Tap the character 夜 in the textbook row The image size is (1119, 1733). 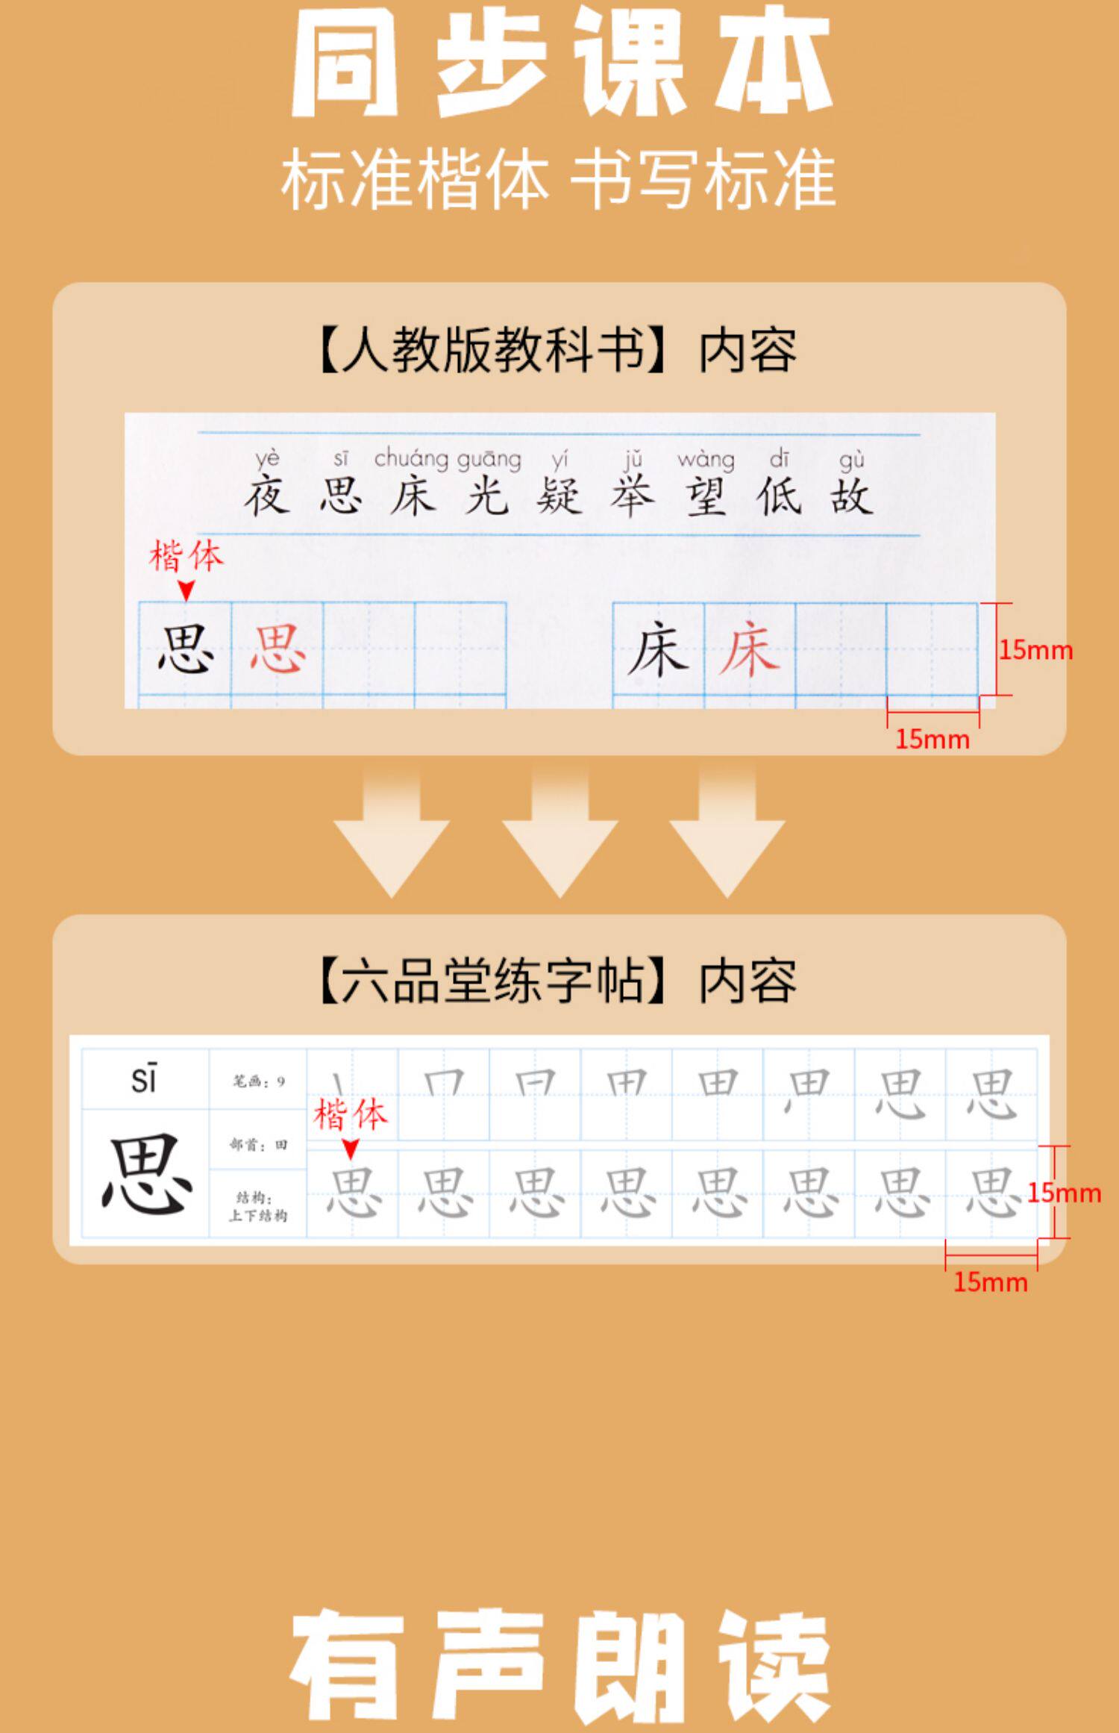click(266, 497)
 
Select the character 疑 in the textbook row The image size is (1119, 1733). click(559, 497)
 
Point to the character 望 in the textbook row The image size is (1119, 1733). click(706, 497)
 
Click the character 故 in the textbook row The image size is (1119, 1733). click(851, 497)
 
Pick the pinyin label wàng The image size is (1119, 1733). click(706, 459)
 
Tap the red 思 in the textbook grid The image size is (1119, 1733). click(277, 649)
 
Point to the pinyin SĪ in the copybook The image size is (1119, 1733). click(144, 1080)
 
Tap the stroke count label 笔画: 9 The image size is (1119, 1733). click(258, 1081)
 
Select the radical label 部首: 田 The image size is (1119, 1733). click(258, 1144)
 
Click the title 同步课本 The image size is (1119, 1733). click(559, 63)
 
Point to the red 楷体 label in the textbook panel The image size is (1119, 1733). click(186, 557)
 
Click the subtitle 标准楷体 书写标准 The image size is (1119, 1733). click(558, 180)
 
